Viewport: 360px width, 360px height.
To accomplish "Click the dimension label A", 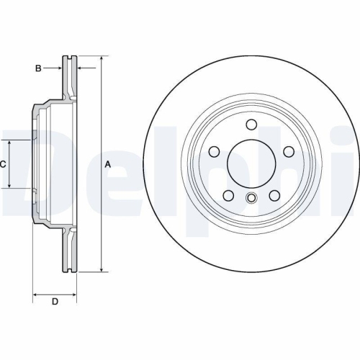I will coord(108,164).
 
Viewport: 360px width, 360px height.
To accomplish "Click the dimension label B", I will coord(38,68).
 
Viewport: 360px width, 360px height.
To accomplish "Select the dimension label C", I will coord(3,164).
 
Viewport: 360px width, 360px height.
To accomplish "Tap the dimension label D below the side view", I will coord(55,301).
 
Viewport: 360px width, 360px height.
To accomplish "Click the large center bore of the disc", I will coord(251,162).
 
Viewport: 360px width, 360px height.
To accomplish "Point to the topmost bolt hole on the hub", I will coord(251,125).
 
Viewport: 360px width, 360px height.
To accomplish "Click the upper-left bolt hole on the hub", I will coord(215,151).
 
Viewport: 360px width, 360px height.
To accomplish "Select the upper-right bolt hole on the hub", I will coord(288,151).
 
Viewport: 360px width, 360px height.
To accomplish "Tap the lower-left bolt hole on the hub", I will coord(228,195).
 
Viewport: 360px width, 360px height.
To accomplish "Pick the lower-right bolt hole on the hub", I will coord(274,195).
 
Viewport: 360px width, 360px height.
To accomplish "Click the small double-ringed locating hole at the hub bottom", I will coord(251,199).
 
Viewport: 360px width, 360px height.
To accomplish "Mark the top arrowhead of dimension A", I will coord(101,58).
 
